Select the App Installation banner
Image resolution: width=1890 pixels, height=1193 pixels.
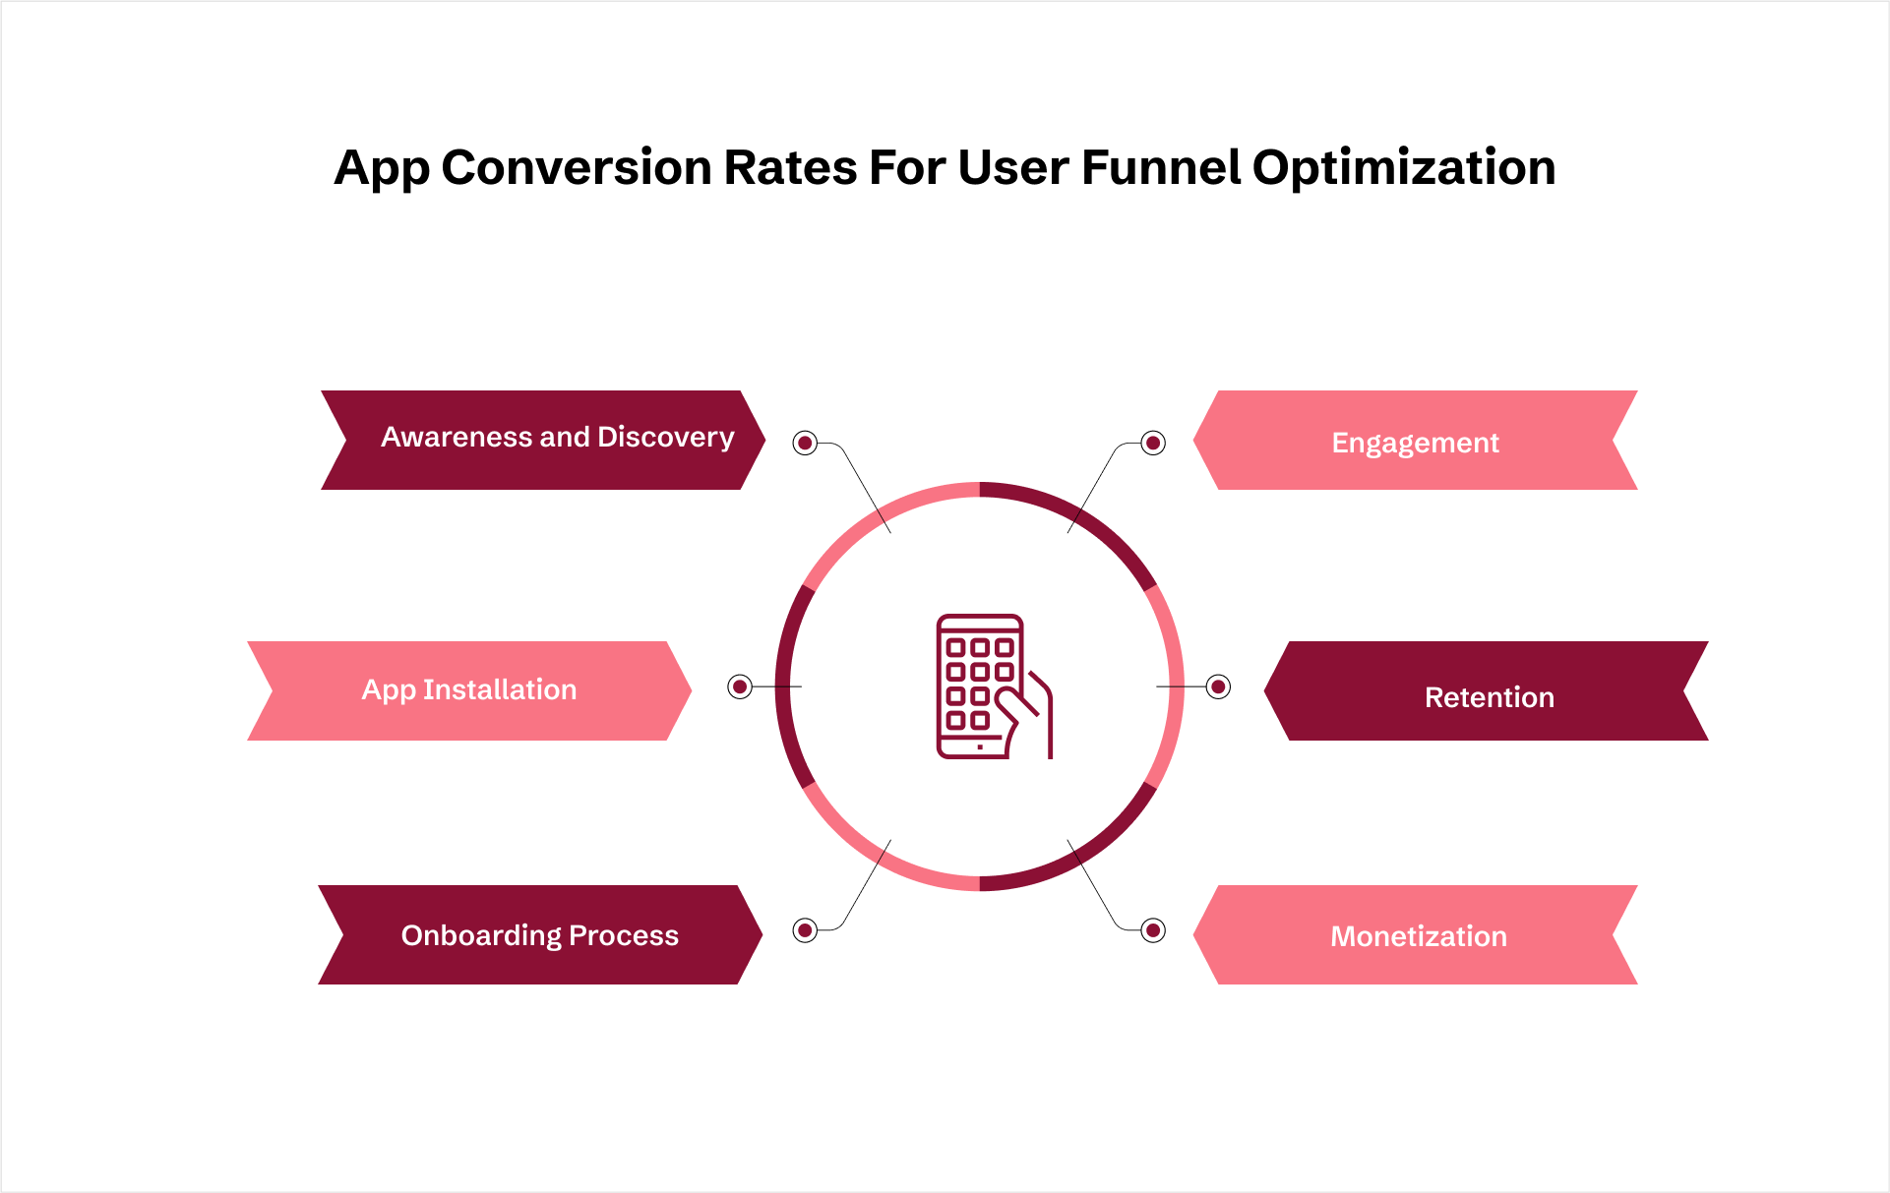click(469, 690)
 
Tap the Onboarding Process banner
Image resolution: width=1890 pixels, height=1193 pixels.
click(540, 934)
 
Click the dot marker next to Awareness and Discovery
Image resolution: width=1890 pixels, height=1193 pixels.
click(805, 444)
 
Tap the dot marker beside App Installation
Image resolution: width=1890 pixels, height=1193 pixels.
click(740, 686)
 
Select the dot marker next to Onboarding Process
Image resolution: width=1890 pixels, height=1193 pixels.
click(805, 929)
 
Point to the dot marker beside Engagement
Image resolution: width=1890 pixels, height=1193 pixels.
click(1153, 444)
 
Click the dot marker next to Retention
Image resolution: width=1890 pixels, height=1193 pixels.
click(1218, 686)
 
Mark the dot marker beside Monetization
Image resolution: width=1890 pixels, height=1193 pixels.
click(1153, 929)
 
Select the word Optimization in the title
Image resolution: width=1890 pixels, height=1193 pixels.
click(1404, 167)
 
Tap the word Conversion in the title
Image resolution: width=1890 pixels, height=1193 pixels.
click(577, 167)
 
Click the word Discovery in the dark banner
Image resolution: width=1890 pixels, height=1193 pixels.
click(666, 438)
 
